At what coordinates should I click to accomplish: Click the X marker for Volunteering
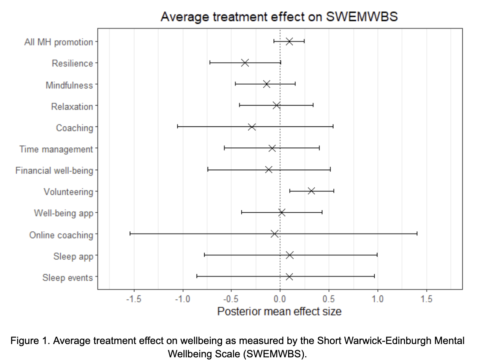click(x=311, y=191)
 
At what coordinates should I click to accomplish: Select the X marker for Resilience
click(x=245, y=63)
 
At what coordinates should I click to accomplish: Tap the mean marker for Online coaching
click(x=275, y=234)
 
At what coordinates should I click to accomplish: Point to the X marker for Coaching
click(x=252, y=127)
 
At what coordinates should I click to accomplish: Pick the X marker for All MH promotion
click(x=289, y=41)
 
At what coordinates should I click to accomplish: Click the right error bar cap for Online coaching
click(x=417, y=234)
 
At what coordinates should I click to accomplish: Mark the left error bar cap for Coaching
click(x=178, y=127)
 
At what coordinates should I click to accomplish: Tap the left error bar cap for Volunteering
click(x=290, y=191)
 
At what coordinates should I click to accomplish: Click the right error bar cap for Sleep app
click(x=377, y=255)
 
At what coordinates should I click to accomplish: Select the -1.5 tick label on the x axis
click(x=134, y=299)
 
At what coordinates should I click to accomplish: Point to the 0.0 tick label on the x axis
click(x=280, y=299)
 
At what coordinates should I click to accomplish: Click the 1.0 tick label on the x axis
click(x=377, y=299)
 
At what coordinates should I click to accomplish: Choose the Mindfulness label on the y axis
click(x=69, y=85)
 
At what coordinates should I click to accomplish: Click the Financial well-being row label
click(x=54, y=171)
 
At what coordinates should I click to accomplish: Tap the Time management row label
click(x=56, y=149)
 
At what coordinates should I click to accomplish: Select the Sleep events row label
click(x=68, y=278)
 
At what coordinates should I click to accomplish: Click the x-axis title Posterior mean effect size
click(x=279, y=312)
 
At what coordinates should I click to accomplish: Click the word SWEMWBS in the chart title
click(x=362, y=17)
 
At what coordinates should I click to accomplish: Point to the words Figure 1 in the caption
click(x=30, y=341)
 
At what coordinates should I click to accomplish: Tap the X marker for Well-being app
click(x=282, y=212)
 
